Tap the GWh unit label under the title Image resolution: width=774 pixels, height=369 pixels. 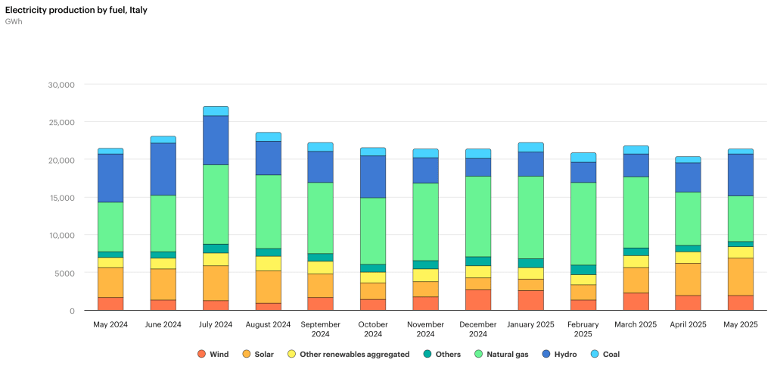coord(14,21)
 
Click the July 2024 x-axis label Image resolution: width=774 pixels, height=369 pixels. coord(216,325)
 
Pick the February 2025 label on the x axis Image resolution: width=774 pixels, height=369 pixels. coord(583,330)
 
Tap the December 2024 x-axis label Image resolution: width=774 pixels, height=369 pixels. coord(478,330)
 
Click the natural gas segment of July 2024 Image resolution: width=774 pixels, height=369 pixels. coord(216,205)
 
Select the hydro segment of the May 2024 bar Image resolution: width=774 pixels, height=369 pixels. coord(110,178)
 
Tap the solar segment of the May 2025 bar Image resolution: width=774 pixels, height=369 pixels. coord(740,277)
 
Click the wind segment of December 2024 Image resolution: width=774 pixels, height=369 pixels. coord(478,300)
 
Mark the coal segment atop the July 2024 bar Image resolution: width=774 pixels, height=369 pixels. coord(216,111)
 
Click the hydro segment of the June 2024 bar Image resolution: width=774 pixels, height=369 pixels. coord(163,169)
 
